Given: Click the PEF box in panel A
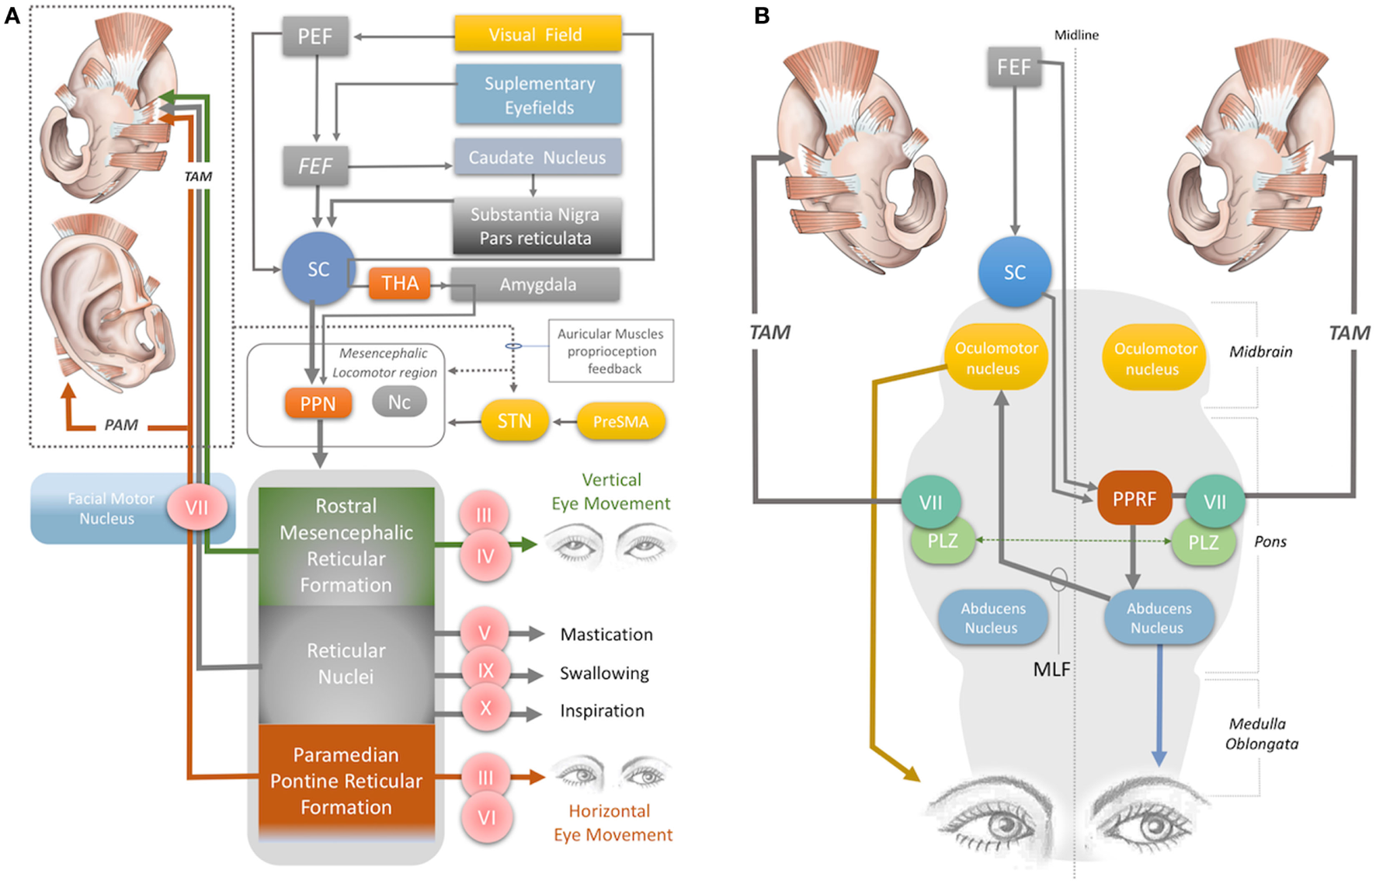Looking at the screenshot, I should [314, 36].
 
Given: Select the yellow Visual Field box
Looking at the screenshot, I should [537, 34].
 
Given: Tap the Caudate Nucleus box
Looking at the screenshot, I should [537, 157].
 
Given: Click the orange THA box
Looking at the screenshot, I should [399, 284].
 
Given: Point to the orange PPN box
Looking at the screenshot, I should [318, 404].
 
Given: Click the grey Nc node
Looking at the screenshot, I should [399, 402].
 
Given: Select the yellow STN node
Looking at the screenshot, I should [514, 421].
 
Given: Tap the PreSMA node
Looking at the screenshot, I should [620, 422].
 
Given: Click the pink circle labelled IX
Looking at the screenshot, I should [485, 670].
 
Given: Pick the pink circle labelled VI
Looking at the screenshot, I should [486, 817].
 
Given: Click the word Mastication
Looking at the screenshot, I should [606, 635].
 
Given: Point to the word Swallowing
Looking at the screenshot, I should [604, 673].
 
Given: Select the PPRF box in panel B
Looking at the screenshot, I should [1134, 498].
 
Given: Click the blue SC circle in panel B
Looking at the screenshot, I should [1014, 273].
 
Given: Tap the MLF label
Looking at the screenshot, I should [1051, 669].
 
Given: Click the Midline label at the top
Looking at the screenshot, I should [1076, 35].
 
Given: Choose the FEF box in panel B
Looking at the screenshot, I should [1014, 68].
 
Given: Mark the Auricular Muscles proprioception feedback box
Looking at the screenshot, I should [611, 351].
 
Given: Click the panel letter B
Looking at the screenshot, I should [762, 16].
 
